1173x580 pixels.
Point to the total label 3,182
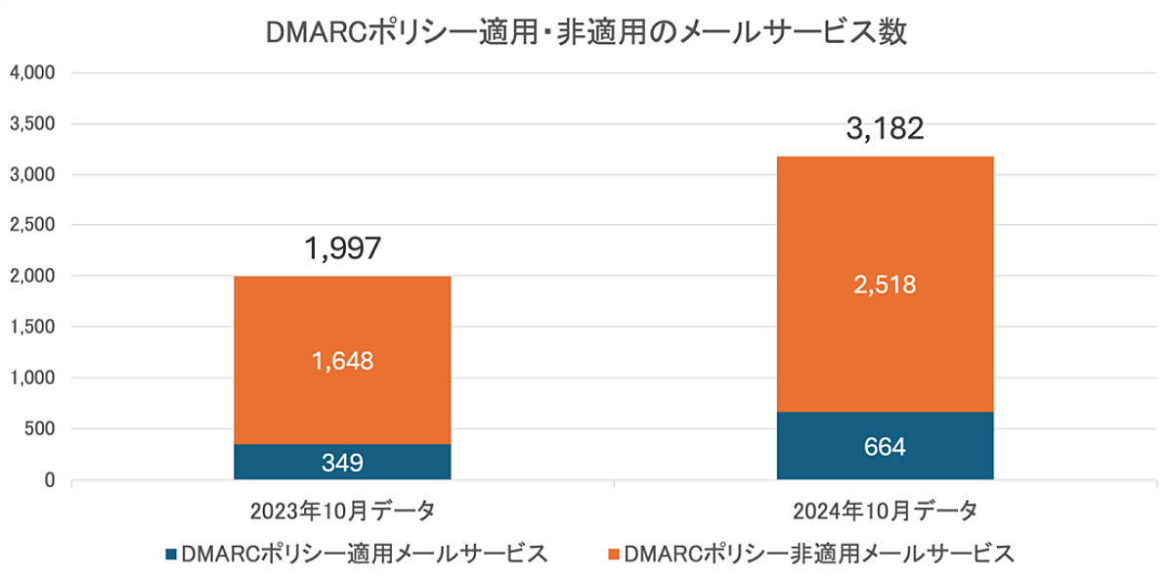tap(885, 129)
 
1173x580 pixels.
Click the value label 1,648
tap(342, 361)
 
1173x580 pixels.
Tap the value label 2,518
tap(885, 285)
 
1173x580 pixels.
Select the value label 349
tap(342, 463)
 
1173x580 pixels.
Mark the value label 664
tap(885, 447)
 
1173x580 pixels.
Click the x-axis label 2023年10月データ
tap(342, 511)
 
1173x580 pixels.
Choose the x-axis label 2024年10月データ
tap(885, 511)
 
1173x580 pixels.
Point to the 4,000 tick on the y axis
tap(33, 73)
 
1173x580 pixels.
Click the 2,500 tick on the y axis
tap(33, 226)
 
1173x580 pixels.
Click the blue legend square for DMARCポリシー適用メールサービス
tap(172, 555)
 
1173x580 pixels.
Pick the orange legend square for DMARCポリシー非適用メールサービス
tap(612, 555)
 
